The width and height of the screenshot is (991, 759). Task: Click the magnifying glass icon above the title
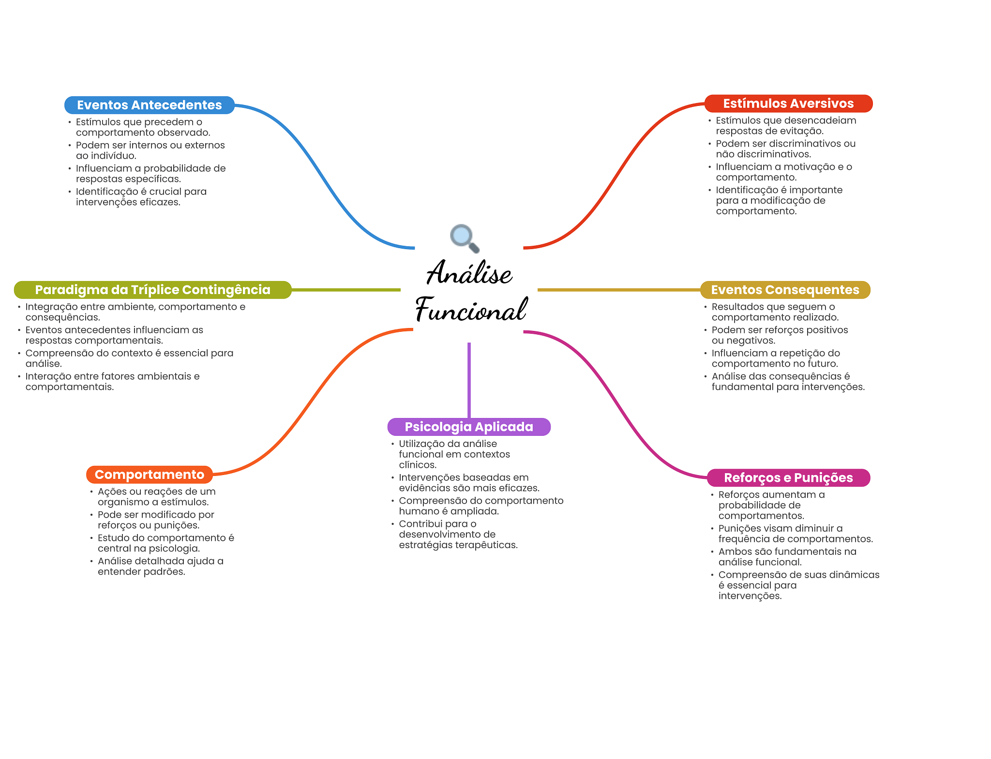(464, 238)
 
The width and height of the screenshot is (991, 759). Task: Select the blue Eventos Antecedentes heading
(149, 105)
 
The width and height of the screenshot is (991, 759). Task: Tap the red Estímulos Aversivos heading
(788, 104)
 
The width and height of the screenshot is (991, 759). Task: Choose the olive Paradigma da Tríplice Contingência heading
(152, 290)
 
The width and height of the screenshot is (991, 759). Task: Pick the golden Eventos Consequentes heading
(785, 290)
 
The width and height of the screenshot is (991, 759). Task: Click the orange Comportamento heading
(149, 475)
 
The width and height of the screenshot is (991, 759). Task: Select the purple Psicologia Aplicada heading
(468, 427)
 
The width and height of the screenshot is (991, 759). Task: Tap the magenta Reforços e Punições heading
(788, 477)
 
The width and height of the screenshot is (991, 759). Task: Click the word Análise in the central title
(469, 273)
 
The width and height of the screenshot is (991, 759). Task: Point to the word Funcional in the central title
(471, 310)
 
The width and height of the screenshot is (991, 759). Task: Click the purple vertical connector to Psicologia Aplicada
(469, 380)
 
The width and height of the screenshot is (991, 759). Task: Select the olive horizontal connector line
(346, 290)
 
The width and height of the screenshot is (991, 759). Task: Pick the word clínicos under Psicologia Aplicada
(418, 465)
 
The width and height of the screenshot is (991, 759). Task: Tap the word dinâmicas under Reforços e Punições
(856, 575)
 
